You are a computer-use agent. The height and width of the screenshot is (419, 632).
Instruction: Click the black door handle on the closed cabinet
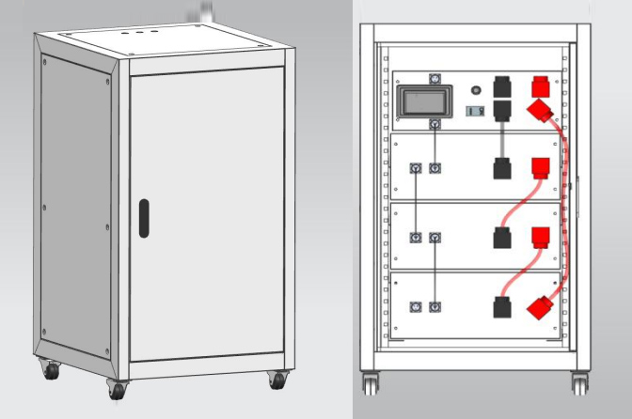[x=143, y=217]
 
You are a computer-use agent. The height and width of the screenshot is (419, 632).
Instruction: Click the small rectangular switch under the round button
[x=476, y=111]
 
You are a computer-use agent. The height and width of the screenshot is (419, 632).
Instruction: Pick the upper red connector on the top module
[x=541, y=87]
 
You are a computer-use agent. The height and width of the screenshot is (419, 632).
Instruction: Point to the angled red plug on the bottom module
[x=542, y=307]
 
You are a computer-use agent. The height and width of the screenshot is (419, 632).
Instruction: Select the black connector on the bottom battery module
[x=501, y=307]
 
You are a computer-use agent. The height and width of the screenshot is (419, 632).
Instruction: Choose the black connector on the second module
[x=501, y=169]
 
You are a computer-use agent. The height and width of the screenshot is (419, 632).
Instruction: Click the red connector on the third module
[x=540, y=237]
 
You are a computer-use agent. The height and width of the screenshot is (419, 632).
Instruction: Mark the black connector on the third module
[x=501, y=238]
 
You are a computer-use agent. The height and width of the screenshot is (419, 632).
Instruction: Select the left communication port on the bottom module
[x=416, y=307]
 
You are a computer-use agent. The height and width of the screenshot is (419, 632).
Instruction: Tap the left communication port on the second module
[x=416, y=168]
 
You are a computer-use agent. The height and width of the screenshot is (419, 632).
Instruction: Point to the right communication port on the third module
[x=434, y=238]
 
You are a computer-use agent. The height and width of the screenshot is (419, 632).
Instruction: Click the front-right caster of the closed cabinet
[x=276, y=380]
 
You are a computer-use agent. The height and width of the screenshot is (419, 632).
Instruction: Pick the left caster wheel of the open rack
[x=370, y=382]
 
